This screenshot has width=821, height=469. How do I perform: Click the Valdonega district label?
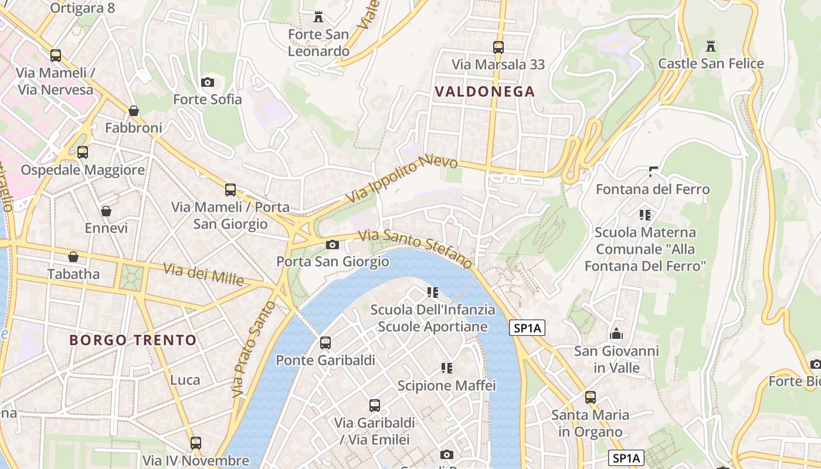tap(484, 91)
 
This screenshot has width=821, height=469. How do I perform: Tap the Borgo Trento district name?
tap(133, 340)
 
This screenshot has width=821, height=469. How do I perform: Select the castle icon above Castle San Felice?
tap(711, 46)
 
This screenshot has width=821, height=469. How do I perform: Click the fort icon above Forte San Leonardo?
tap(318, 17)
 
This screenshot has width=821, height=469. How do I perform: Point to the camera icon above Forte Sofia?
tap(207, 82)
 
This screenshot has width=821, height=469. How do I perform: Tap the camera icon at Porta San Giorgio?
tap(333, 244)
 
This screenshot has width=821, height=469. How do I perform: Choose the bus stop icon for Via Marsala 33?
tap(498, 47)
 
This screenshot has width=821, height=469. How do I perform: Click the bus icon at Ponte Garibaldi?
tap(325, 343)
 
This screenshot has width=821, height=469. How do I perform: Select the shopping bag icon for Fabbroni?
tap(134, 111)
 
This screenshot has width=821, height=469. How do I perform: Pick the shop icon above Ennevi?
tap(106, 211)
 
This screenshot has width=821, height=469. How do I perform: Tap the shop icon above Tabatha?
tap(73, 257)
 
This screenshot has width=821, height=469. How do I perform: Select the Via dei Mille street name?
tap(203, 274)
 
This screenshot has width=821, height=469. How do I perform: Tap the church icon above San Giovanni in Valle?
tap(616, 334)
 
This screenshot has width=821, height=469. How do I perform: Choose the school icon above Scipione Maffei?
tap(447, 368)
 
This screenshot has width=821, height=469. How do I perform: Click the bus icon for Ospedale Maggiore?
tap(83, 152)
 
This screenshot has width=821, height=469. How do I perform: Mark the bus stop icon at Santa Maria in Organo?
tap(590, 397)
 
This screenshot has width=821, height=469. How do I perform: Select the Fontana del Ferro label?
tap(653, 189)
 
